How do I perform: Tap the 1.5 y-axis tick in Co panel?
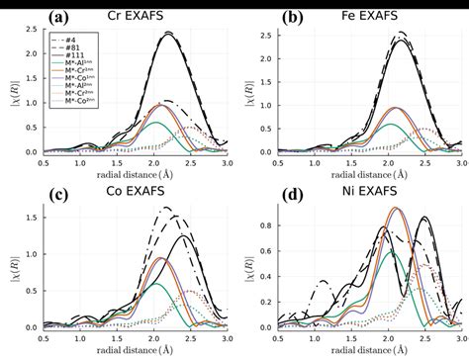[x=32, y=216]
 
